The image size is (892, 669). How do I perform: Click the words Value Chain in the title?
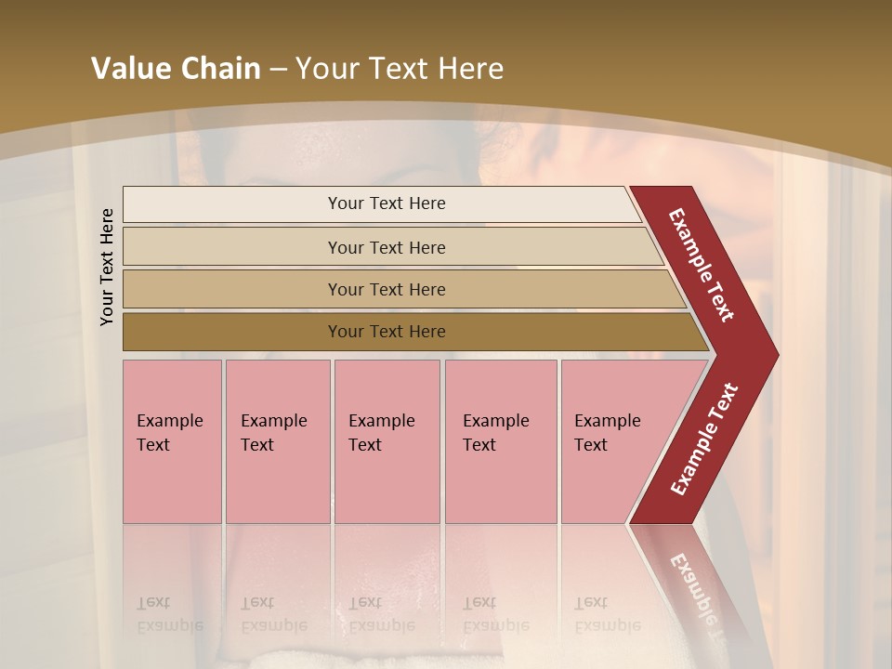coord(176,69)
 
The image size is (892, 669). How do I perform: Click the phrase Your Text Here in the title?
coord(400,69)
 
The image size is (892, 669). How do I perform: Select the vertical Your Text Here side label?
coord(107,267)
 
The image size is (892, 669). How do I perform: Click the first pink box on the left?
coord(172,441)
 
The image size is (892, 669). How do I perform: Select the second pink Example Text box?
coord(278,441)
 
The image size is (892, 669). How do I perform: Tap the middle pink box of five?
coord(387,441)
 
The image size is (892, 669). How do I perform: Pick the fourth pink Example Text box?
coord(501,441)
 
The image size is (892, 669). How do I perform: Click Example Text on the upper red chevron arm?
coord(702,265)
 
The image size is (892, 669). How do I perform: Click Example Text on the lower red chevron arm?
coord(704,439)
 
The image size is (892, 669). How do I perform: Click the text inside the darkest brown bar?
coord(387,332)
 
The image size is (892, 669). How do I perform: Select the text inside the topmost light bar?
coord(387,203)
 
